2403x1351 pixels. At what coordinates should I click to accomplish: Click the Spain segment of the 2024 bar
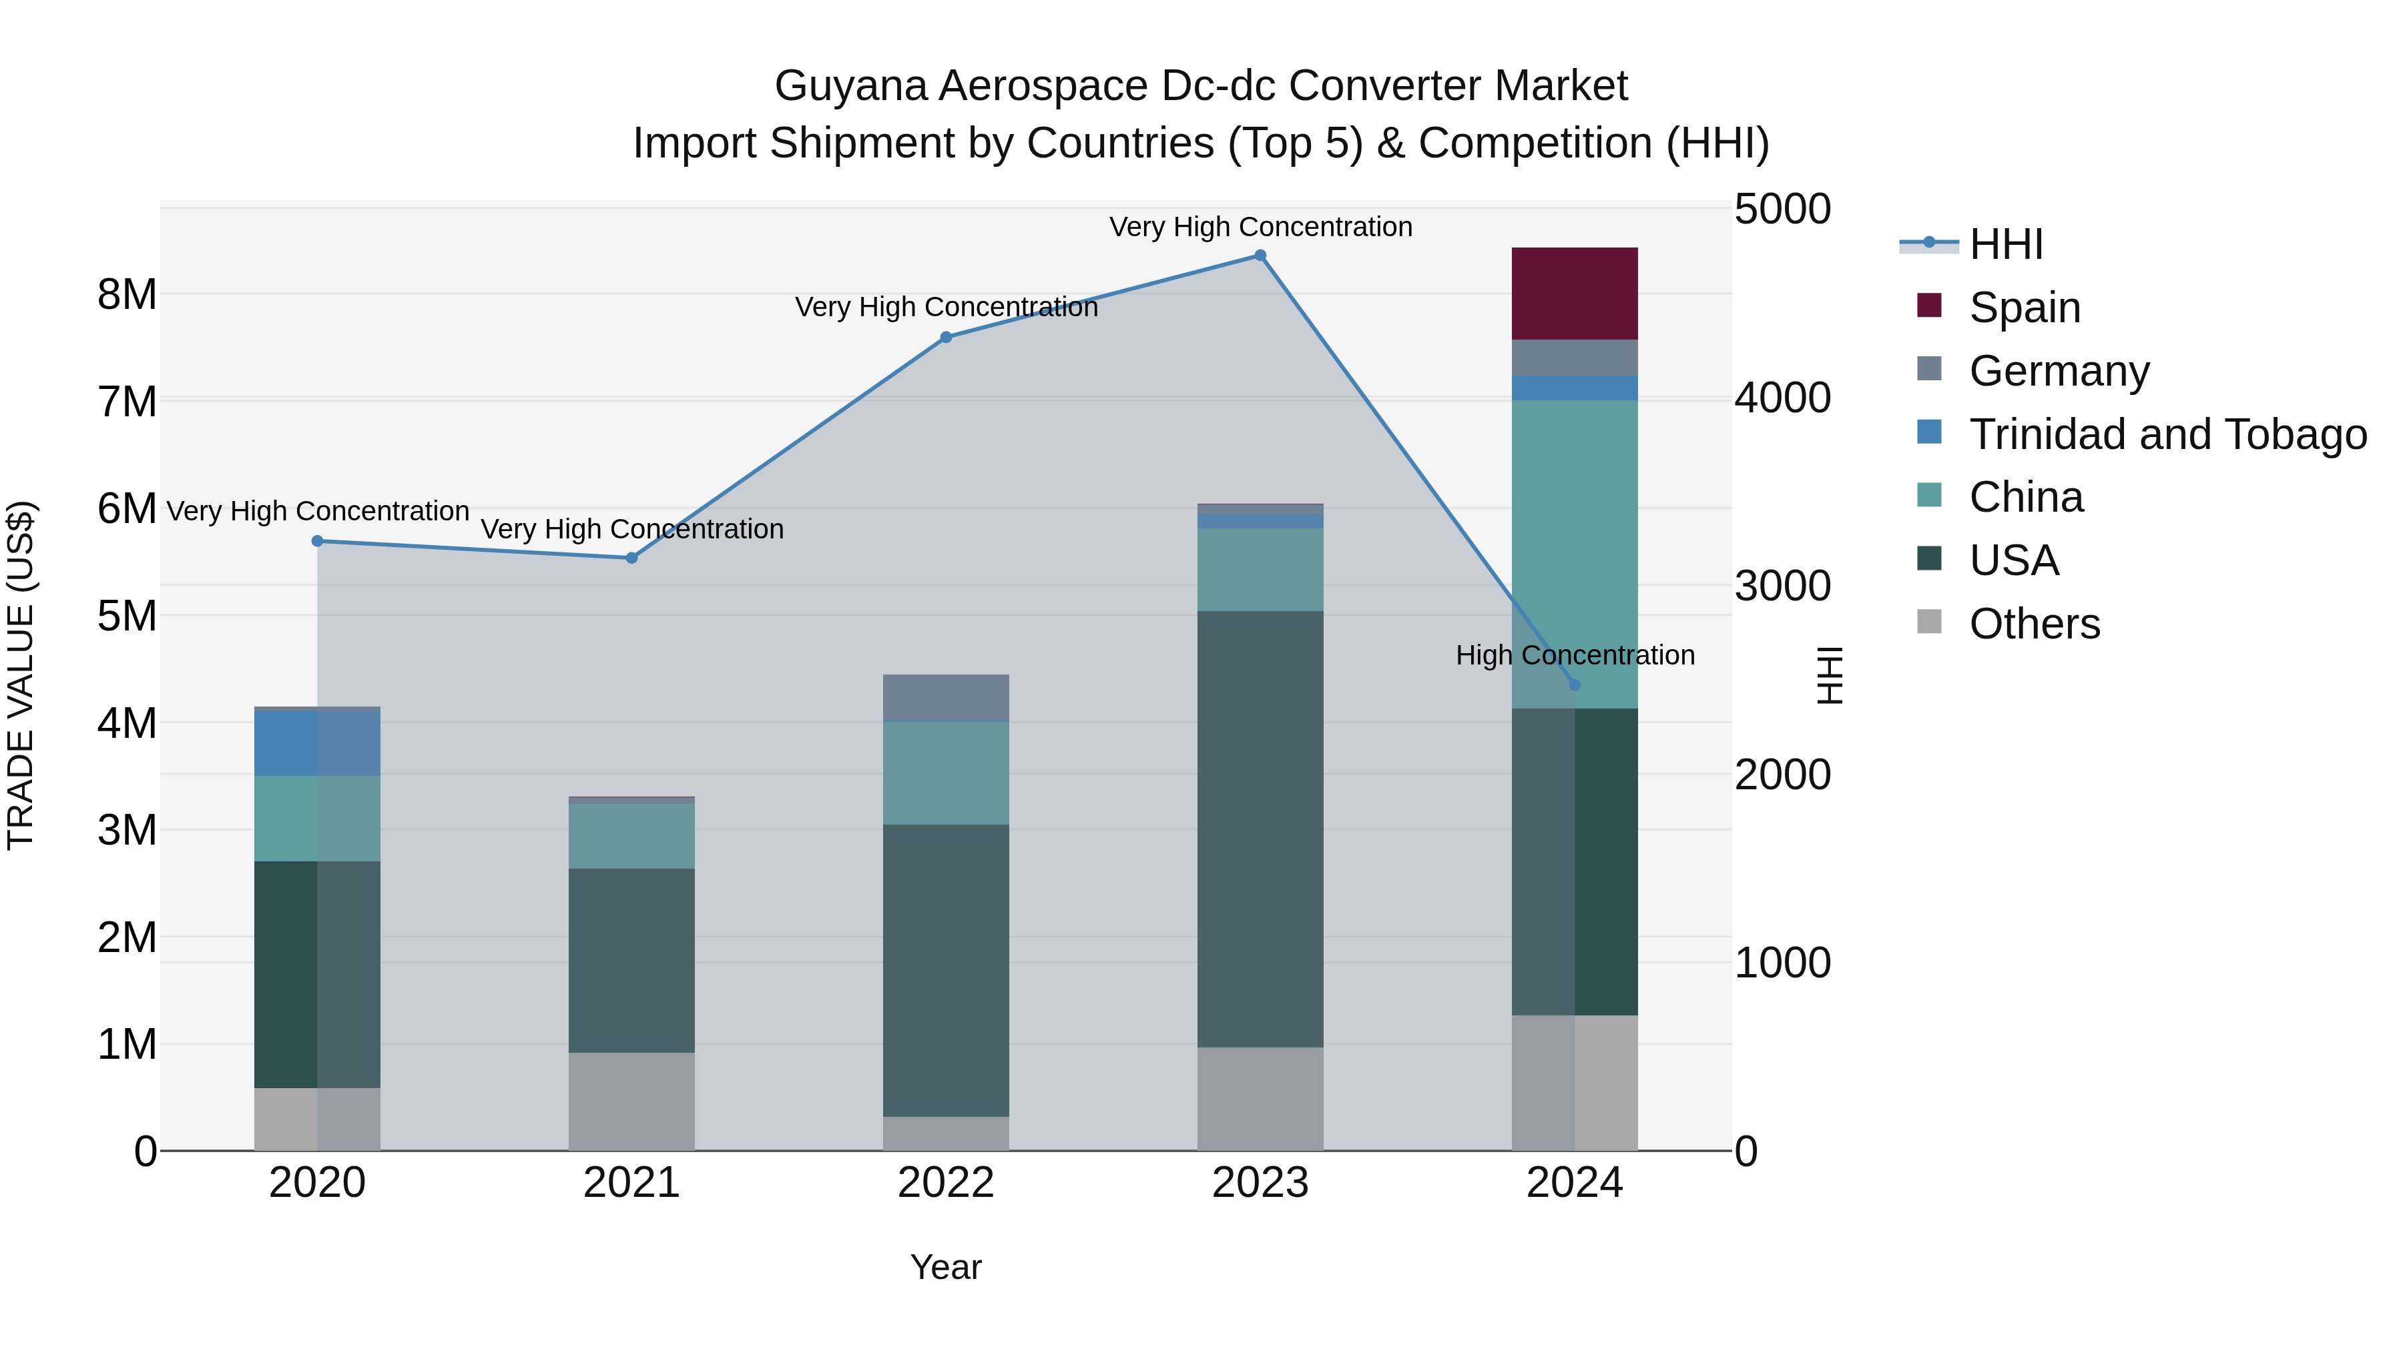1575,294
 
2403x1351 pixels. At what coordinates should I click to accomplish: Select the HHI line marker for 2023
1260,256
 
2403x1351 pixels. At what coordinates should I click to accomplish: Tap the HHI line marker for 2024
1575,685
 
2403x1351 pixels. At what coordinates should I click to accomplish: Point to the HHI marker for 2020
317,541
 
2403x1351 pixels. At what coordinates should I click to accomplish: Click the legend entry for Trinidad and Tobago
2167,434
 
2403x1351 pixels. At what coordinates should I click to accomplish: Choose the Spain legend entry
2025,308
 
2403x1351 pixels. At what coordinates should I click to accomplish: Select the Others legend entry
2034,624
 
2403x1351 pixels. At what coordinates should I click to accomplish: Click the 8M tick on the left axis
127,295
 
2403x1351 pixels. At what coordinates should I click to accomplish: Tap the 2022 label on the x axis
946,1183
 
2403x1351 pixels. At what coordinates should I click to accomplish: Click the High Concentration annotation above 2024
1575,655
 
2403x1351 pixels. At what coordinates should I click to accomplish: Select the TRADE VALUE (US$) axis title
21,675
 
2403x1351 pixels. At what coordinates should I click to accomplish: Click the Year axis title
946,1267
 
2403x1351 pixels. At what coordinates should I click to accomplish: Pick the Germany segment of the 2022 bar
946,697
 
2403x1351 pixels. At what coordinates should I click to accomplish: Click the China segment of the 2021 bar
631,837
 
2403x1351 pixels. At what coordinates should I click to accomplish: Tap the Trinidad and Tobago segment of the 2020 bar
317,743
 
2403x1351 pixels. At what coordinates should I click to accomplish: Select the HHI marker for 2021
631,558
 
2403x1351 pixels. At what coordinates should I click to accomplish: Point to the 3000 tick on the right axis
1782,586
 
